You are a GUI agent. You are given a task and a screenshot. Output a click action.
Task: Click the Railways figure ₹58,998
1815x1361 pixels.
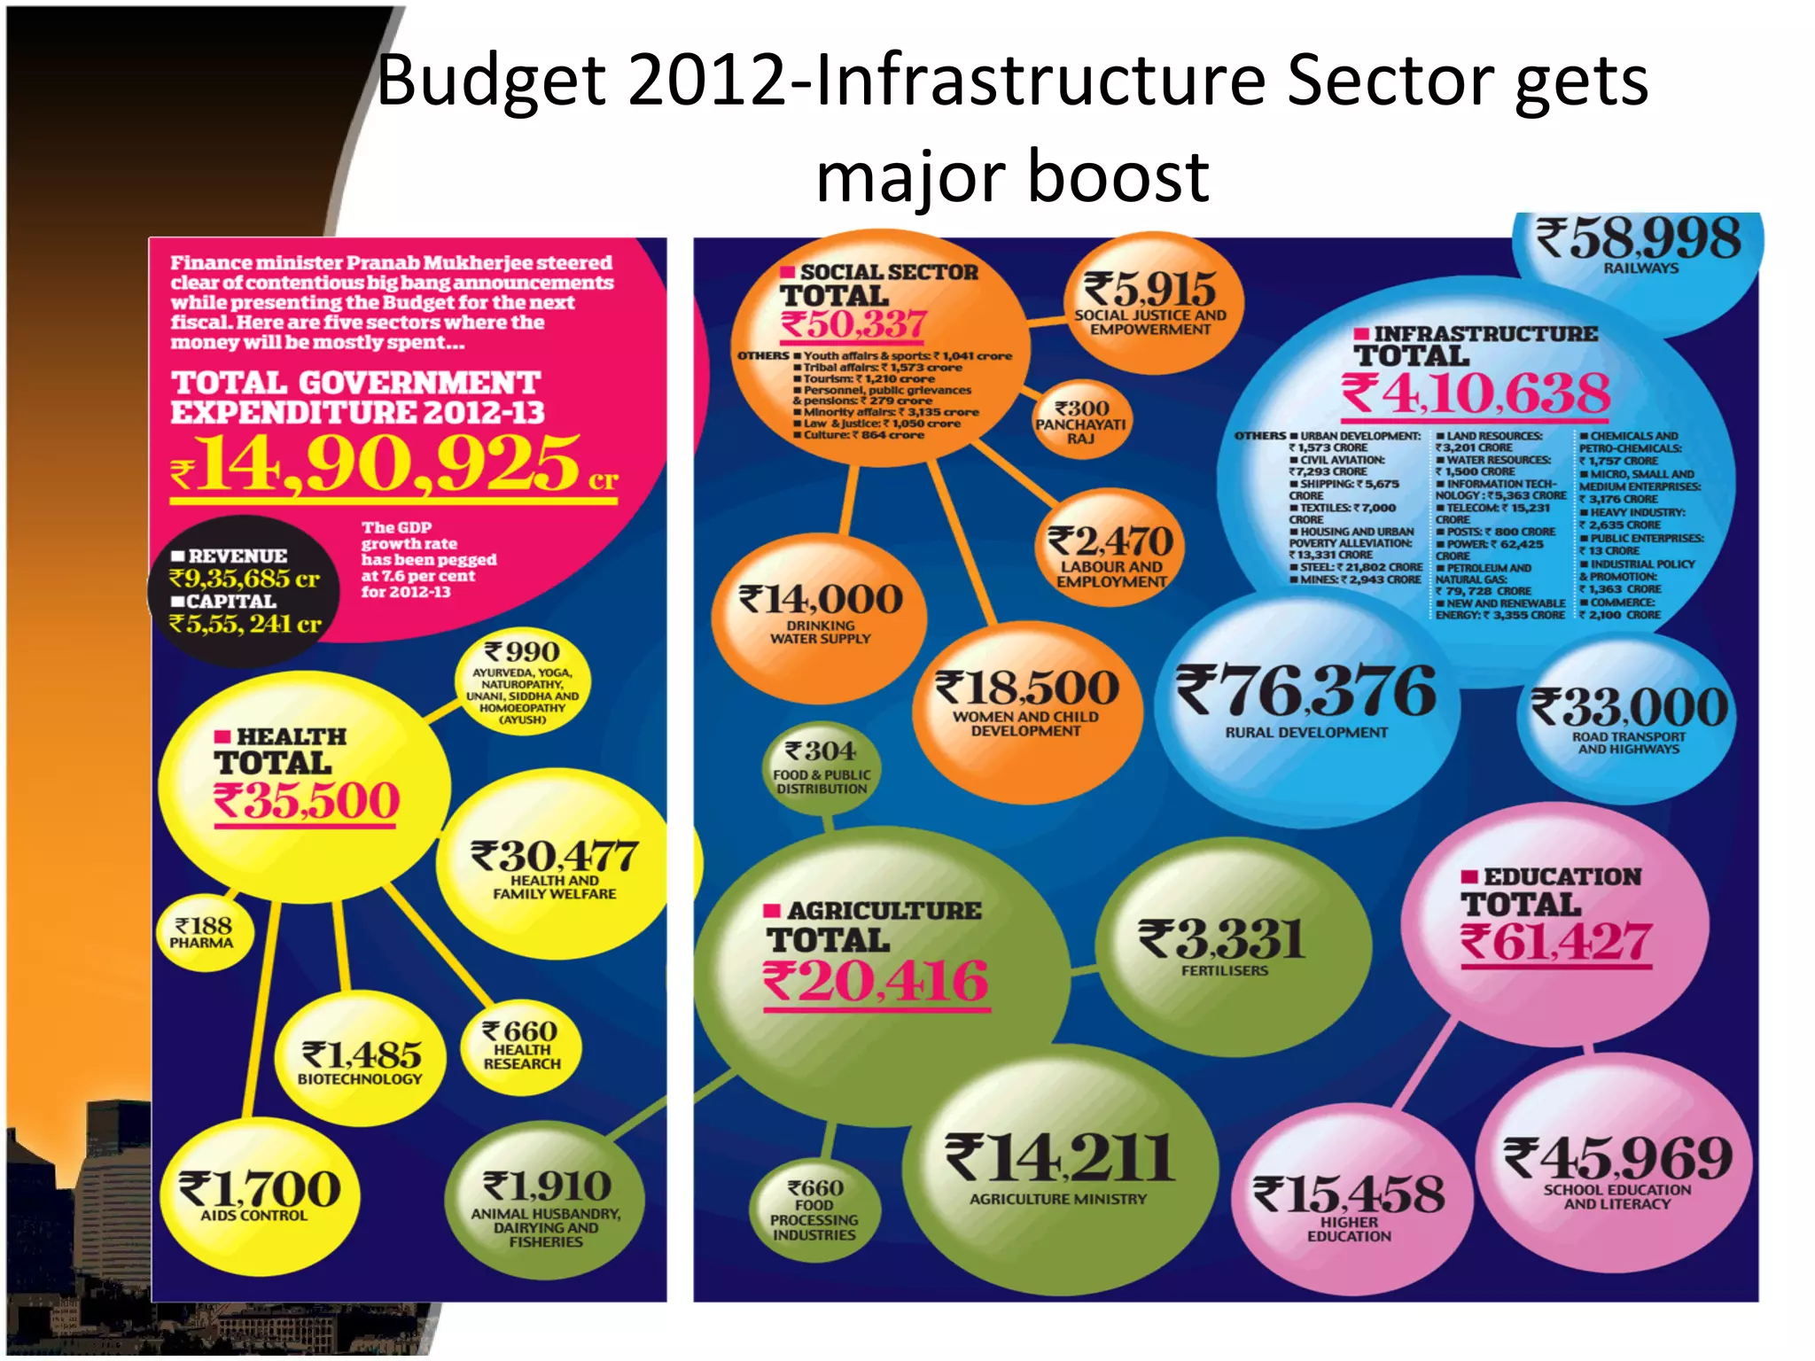[x=1639, y=239]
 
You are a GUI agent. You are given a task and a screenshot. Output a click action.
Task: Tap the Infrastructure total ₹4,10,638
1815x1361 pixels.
[x=1476, y=393]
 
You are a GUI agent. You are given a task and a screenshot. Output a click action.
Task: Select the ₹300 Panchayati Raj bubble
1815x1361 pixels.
[x=1081, y=421]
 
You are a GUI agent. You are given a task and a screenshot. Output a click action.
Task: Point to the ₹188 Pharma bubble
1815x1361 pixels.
[x=203, y=933]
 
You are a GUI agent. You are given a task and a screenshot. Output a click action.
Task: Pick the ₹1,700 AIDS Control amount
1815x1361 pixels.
[x=260, y=1189]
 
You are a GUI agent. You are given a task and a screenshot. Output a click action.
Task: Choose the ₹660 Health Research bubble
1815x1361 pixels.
[x=521, y=1045]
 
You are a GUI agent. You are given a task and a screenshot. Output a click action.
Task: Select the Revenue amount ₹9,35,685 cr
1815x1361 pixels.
[x=245, y=579]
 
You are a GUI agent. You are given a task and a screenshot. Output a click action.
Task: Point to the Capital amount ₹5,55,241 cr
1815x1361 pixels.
[x=245, y=624]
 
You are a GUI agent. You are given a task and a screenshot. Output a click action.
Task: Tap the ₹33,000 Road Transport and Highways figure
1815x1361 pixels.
[x=1629, y=708]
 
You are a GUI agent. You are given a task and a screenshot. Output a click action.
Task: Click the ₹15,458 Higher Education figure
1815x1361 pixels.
[x=1349, y=1194]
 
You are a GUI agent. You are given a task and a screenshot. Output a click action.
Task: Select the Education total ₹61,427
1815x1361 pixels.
[x=1556, y=941]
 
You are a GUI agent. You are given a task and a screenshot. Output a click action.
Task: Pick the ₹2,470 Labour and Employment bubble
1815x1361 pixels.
[x=1110, y=542]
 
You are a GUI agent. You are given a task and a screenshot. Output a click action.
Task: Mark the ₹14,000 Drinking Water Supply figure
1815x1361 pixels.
[x=821, y=600]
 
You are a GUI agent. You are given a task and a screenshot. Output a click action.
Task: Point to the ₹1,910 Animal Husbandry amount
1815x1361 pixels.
[x=546, y=1186]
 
